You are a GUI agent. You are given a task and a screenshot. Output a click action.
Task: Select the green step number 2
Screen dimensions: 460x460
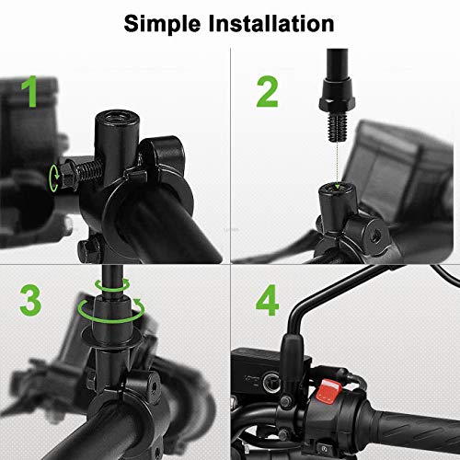(266, 91)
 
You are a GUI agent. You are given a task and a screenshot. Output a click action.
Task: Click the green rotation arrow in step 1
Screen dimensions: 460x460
(62, 177)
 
